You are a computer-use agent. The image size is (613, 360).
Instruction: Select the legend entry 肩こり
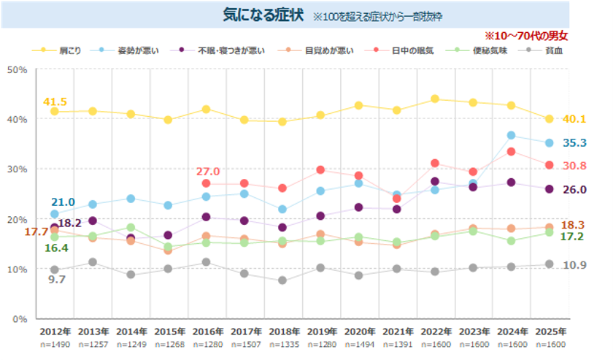point(69,50)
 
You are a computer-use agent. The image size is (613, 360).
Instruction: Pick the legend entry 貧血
point(554,50)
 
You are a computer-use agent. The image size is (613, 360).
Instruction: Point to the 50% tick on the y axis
point(17,69)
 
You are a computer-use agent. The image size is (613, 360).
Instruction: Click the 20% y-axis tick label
point(17,219)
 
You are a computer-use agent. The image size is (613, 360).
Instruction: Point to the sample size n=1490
point(54,345)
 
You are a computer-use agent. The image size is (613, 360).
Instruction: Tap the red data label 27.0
point(208,172)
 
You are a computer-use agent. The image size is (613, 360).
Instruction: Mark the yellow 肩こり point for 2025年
point(549,119)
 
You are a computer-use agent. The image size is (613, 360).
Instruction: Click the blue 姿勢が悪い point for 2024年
point(511,136)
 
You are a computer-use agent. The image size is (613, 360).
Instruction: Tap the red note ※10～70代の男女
point(526,35)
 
